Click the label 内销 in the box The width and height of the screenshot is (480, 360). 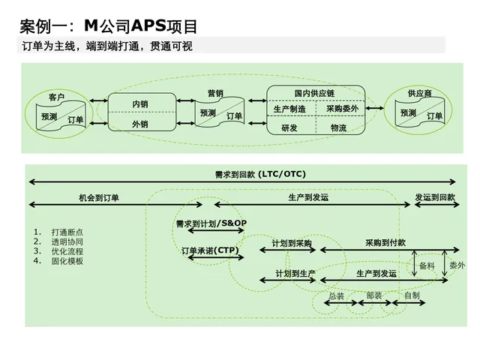pos(140,103)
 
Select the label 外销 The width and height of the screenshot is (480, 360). pos(140,124)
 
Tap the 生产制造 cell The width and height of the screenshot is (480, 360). pos(289,109)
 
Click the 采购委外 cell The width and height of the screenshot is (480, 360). pos(341,109)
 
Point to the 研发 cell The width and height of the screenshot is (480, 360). pos(289,128)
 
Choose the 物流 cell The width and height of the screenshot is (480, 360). pos(339,128)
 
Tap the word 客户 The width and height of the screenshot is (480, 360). pos(56,97)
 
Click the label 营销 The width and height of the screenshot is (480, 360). pos(215,94)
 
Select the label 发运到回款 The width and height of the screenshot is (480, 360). pos(435,198)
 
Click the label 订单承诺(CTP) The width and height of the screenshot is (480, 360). pos(210,250)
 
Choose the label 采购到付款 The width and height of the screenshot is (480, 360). pos(385,243)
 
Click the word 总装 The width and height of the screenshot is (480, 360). pos(337,296)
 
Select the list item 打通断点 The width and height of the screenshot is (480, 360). pos(67,232)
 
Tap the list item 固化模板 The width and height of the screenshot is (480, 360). pos(67,261)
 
